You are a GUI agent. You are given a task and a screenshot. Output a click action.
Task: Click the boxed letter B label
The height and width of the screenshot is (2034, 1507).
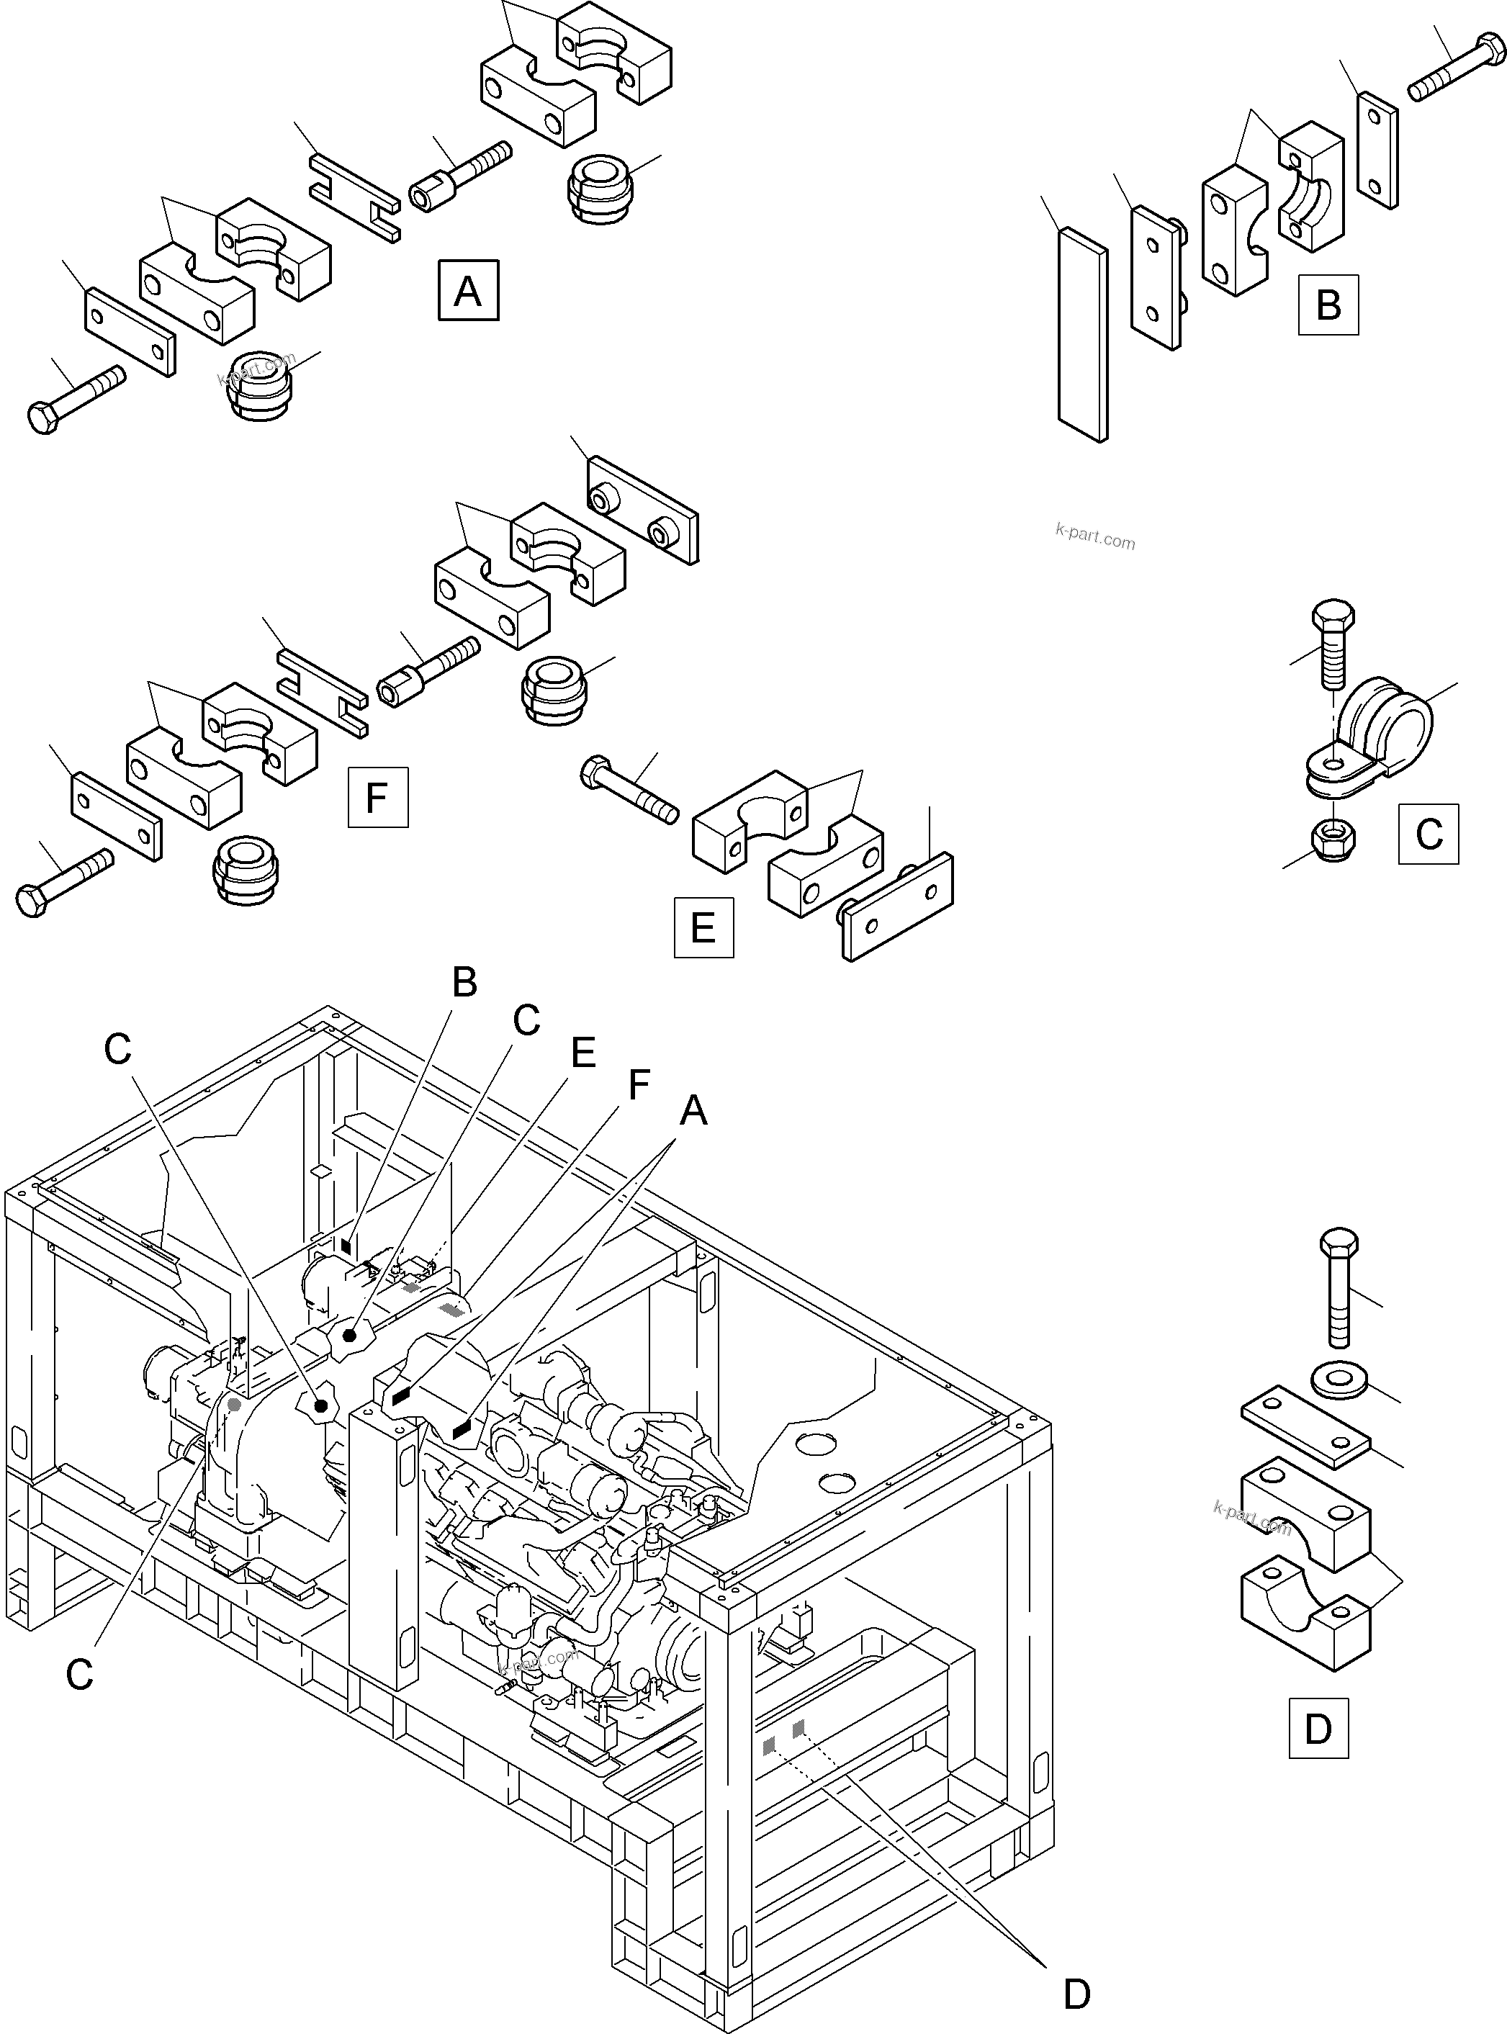1328,305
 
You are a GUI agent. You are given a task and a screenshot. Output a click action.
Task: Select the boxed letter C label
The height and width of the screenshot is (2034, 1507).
1428,834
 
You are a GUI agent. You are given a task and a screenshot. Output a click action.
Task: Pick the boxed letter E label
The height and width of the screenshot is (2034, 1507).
703,927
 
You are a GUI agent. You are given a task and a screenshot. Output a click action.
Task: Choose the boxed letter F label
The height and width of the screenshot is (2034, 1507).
377,797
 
